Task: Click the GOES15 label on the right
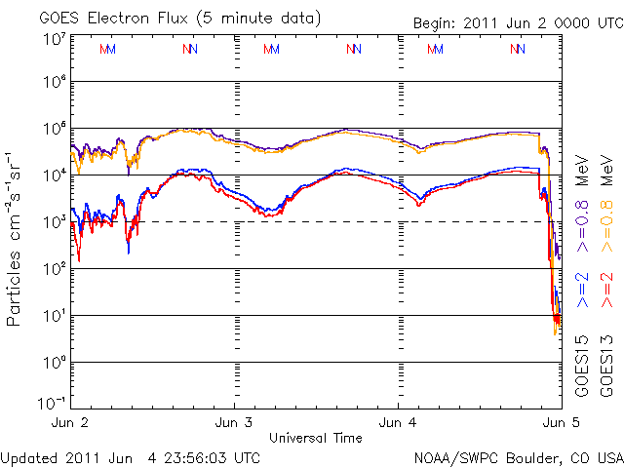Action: point(582,365)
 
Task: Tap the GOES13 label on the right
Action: point(607,365)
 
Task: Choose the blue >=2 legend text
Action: point(582,290)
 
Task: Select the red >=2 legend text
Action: point(607,290)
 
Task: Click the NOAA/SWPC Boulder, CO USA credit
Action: point(517,456)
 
